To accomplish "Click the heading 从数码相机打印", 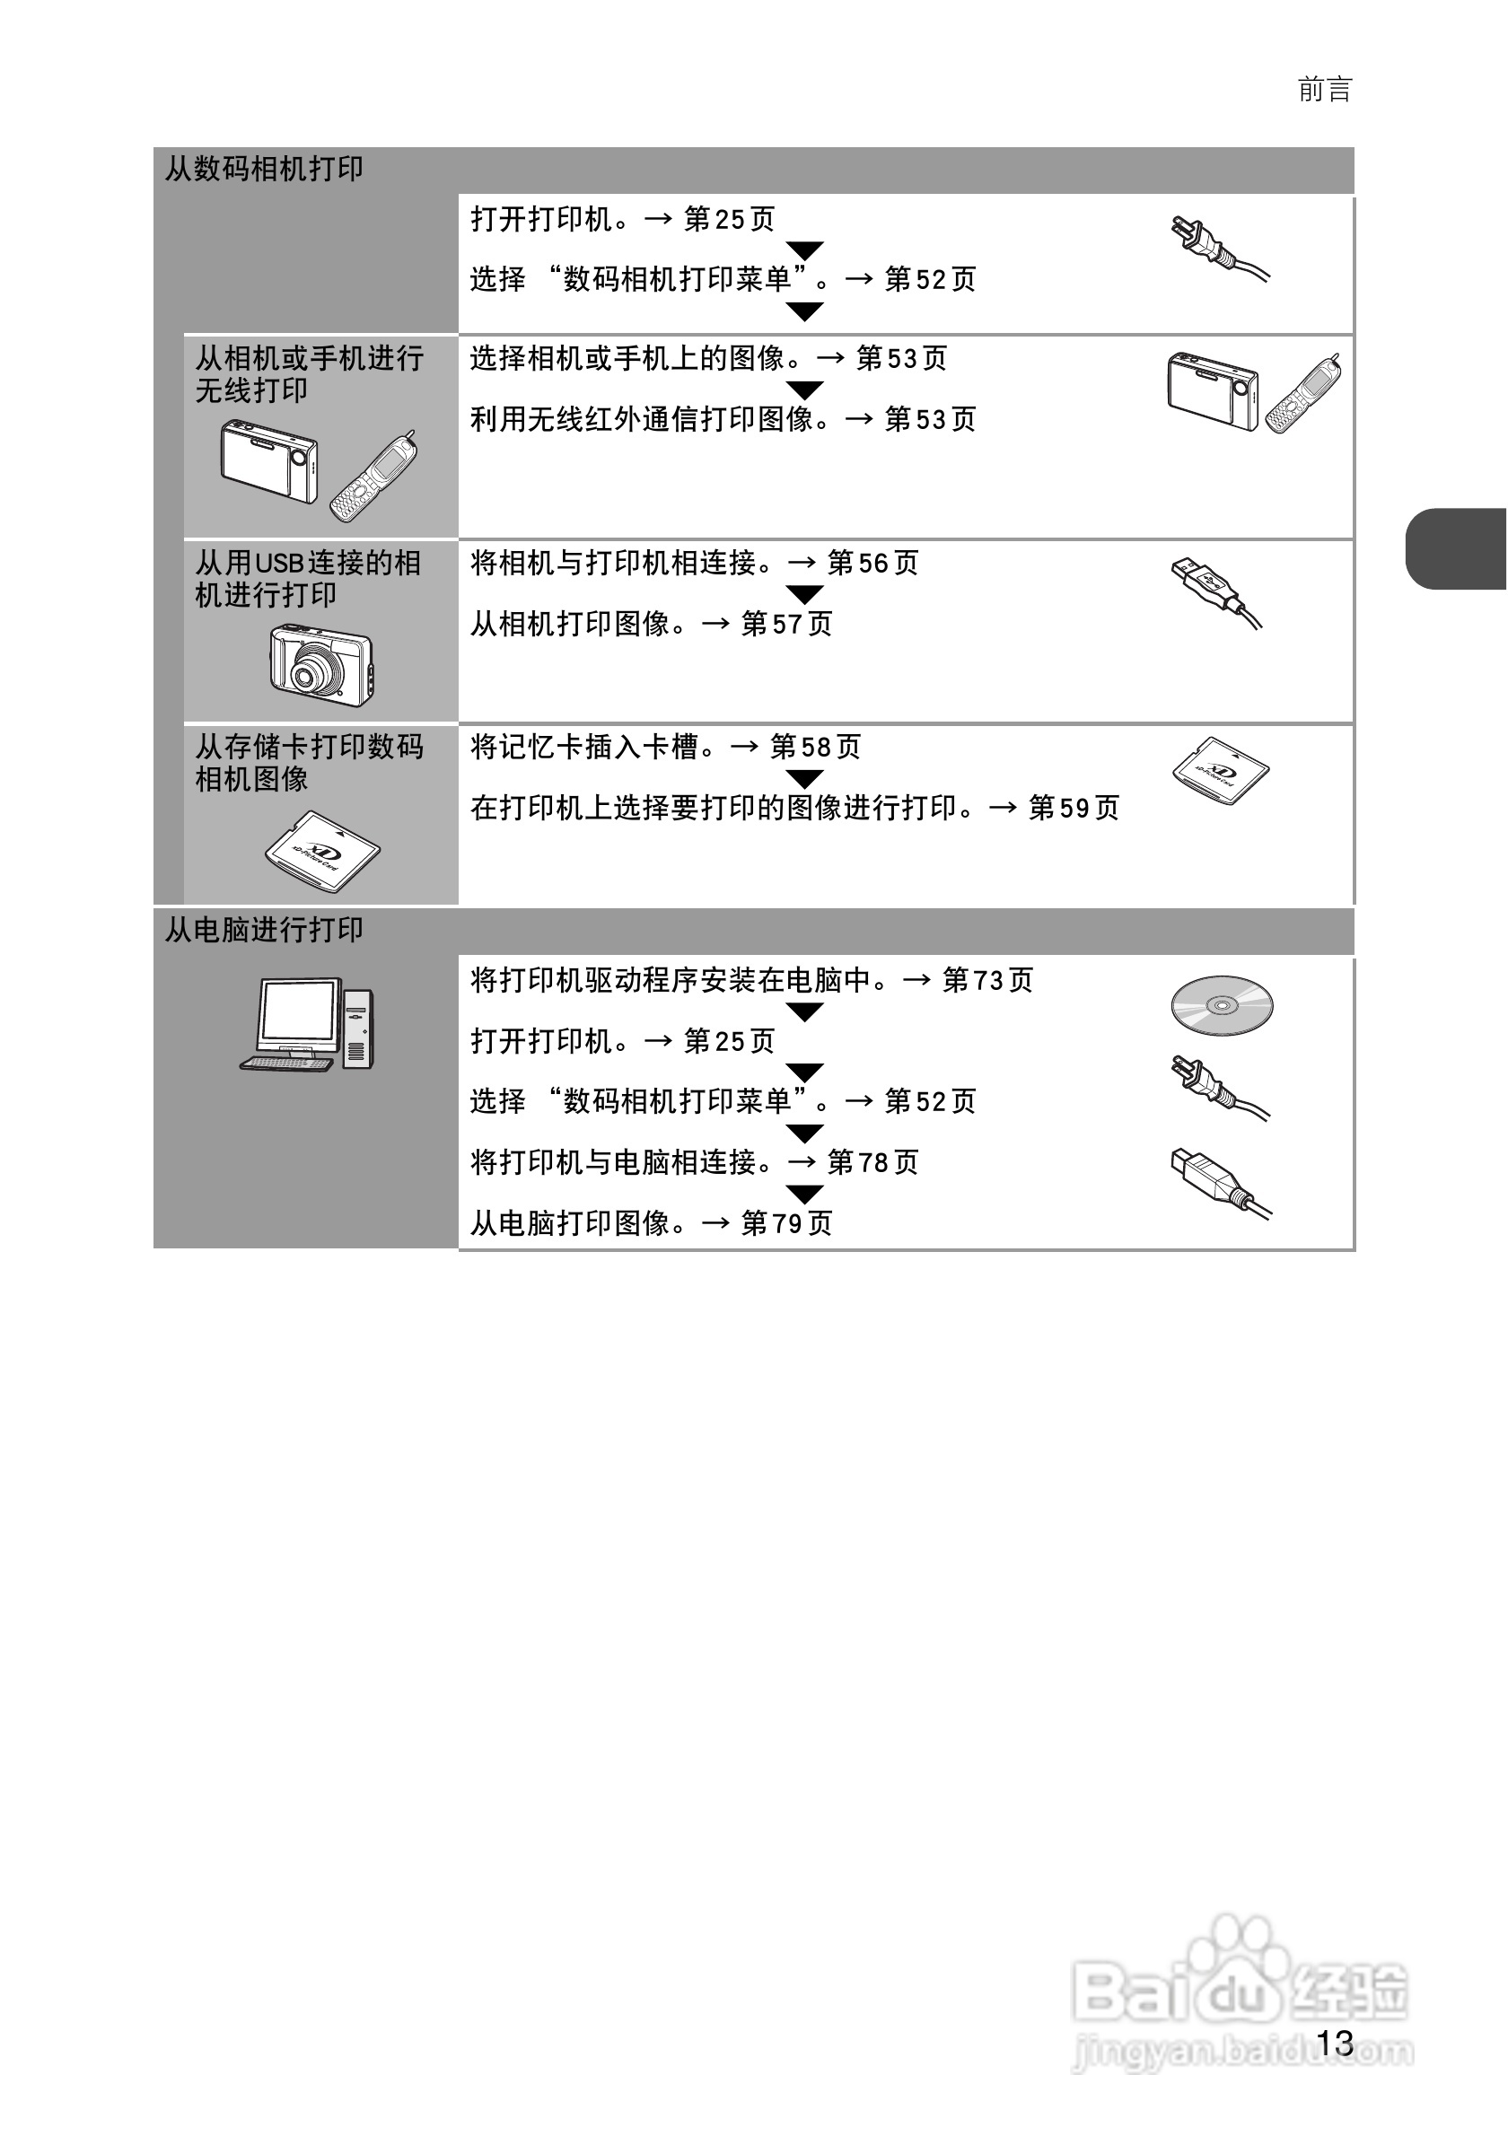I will coord(263,170).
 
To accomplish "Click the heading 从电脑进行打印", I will coord(263,930).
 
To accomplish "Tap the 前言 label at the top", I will coord(1324,91).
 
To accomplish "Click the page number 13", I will coord(1334,2043).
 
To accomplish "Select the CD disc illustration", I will coord(1222,1005).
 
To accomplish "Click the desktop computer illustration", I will coord(307,1024).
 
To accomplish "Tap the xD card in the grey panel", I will coord(322,851).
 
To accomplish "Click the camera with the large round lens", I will coord(321,664).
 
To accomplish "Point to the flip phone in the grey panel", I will coord(373,477).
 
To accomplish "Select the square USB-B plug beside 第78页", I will coord(1219,1181).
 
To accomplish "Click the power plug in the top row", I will coord(1219,248).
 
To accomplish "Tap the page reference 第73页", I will coord(987,981).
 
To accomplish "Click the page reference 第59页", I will coord(1074,808).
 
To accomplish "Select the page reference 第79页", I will coord(786,1222).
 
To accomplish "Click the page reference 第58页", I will coord(815,747).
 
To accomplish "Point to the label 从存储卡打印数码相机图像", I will coord(309,762).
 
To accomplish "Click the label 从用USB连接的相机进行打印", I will coord(307,578).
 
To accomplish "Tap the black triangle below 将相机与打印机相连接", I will coord(803,593).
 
